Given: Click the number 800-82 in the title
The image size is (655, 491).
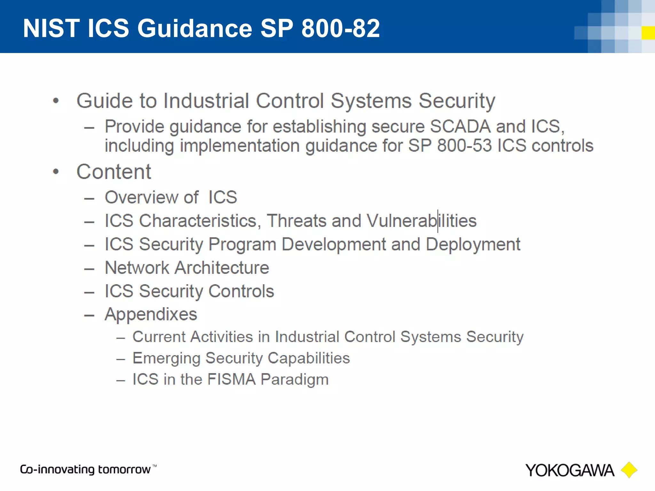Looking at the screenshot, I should point(340,28).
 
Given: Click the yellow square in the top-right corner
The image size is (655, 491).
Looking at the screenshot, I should point(648,33).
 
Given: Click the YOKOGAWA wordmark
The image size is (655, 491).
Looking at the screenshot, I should point(570,471).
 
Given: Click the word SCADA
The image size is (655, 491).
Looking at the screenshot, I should point(460,126).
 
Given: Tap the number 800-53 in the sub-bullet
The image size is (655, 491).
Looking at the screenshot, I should point(464,145).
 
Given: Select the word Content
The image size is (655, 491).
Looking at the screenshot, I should point(114,172).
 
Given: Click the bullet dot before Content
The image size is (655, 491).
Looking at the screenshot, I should point(56,172).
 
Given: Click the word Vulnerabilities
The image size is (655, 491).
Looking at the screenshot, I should point(421,221).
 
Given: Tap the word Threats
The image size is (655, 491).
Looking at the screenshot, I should point(296,221).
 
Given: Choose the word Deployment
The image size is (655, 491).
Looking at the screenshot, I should point(473,245).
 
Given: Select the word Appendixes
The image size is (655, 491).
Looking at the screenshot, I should point(151,314).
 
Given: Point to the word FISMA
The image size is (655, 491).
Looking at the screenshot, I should point(231,379).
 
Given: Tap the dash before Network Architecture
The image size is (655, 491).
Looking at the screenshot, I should point(89,269).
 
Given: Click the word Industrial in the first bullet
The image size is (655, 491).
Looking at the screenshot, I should point(206,101).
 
